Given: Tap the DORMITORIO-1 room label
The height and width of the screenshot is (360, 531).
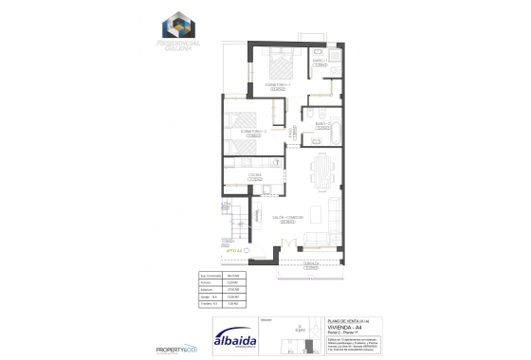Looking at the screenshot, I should [279, 84].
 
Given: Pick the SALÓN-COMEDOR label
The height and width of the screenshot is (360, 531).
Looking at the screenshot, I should [287, 217].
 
